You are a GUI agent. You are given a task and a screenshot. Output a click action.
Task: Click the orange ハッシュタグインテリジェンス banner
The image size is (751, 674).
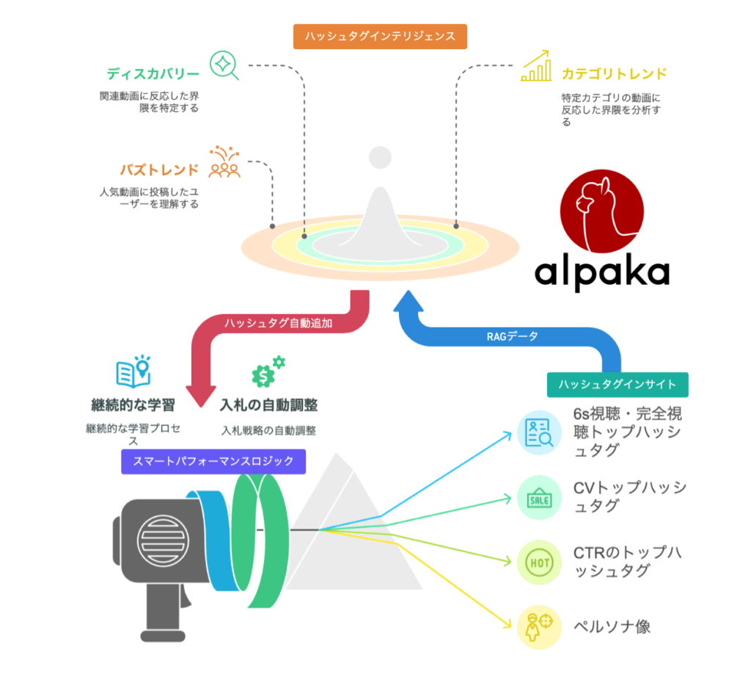(x=380, y=37)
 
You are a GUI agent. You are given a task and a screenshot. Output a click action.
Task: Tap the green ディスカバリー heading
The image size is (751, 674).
(x=153, y=74)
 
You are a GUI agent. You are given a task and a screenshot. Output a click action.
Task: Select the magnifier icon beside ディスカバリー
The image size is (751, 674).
(x=224, y=65)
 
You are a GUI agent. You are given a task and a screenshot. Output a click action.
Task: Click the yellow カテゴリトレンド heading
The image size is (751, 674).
(x=614, y=74)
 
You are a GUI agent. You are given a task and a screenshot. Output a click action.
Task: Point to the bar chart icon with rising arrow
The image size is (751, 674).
(x=536, y=65)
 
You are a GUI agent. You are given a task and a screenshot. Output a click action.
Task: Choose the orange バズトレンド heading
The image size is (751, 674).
(x=159, y=170)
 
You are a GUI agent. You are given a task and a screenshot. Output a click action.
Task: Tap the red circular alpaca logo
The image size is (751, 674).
(x=601, y=211)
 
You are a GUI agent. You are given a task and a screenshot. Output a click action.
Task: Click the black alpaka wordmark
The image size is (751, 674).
(x=601, y=273)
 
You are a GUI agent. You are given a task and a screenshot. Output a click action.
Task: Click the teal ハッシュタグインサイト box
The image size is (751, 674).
(x=618, y=385)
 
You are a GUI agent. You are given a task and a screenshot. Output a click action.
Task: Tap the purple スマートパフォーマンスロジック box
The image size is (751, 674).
(x=213, y=461)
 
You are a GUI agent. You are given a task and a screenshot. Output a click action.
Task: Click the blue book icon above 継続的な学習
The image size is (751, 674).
(x=133, y=371)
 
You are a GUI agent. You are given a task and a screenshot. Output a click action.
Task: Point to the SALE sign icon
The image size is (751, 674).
(x=539, y=498)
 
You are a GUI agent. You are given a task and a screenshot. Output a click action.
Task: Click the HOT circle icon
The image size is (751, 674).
(x=539, y=562)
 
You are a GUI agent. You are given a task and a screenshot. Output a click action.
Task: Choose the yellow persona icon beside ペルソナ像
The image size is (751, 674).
(x=539, y=627)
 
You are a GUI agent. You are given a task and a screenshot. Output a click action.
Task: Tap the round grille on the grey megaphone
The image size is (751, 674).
(x=163, y=540)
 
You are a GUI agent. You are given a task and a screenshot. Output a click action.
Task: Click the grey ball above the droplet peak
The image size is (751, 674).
(x=381, y=158)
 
